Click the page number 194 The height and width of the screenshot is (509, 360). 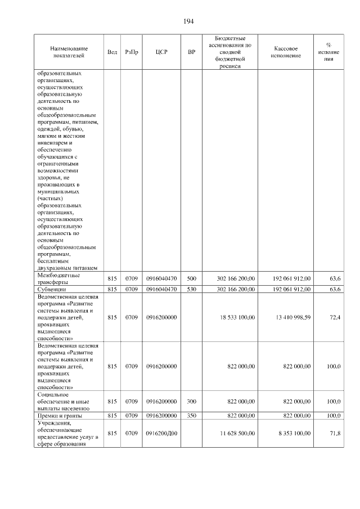click(188, 21)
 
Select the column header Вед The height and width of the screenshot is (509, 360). click(112, 52)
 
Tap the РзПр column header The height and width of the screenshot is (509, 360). click(132, 52)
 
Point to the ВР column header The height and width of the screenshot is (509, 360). click(191, 52)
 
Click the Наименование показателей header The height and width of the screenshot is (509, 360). click(68, 52)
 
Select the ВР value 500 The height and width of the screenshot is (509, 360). click(191, 278)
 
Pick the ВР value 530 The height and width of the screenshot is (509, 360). click(191, 289)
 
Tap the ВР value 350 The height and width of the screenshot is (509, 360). click(191, 416)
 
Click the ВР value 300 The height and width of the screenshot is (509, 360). click(191, 401)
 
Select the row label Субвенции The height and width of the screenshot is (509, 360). click(52, 289)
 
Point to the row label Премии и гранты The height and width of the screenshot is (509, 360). click(60, 416)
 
